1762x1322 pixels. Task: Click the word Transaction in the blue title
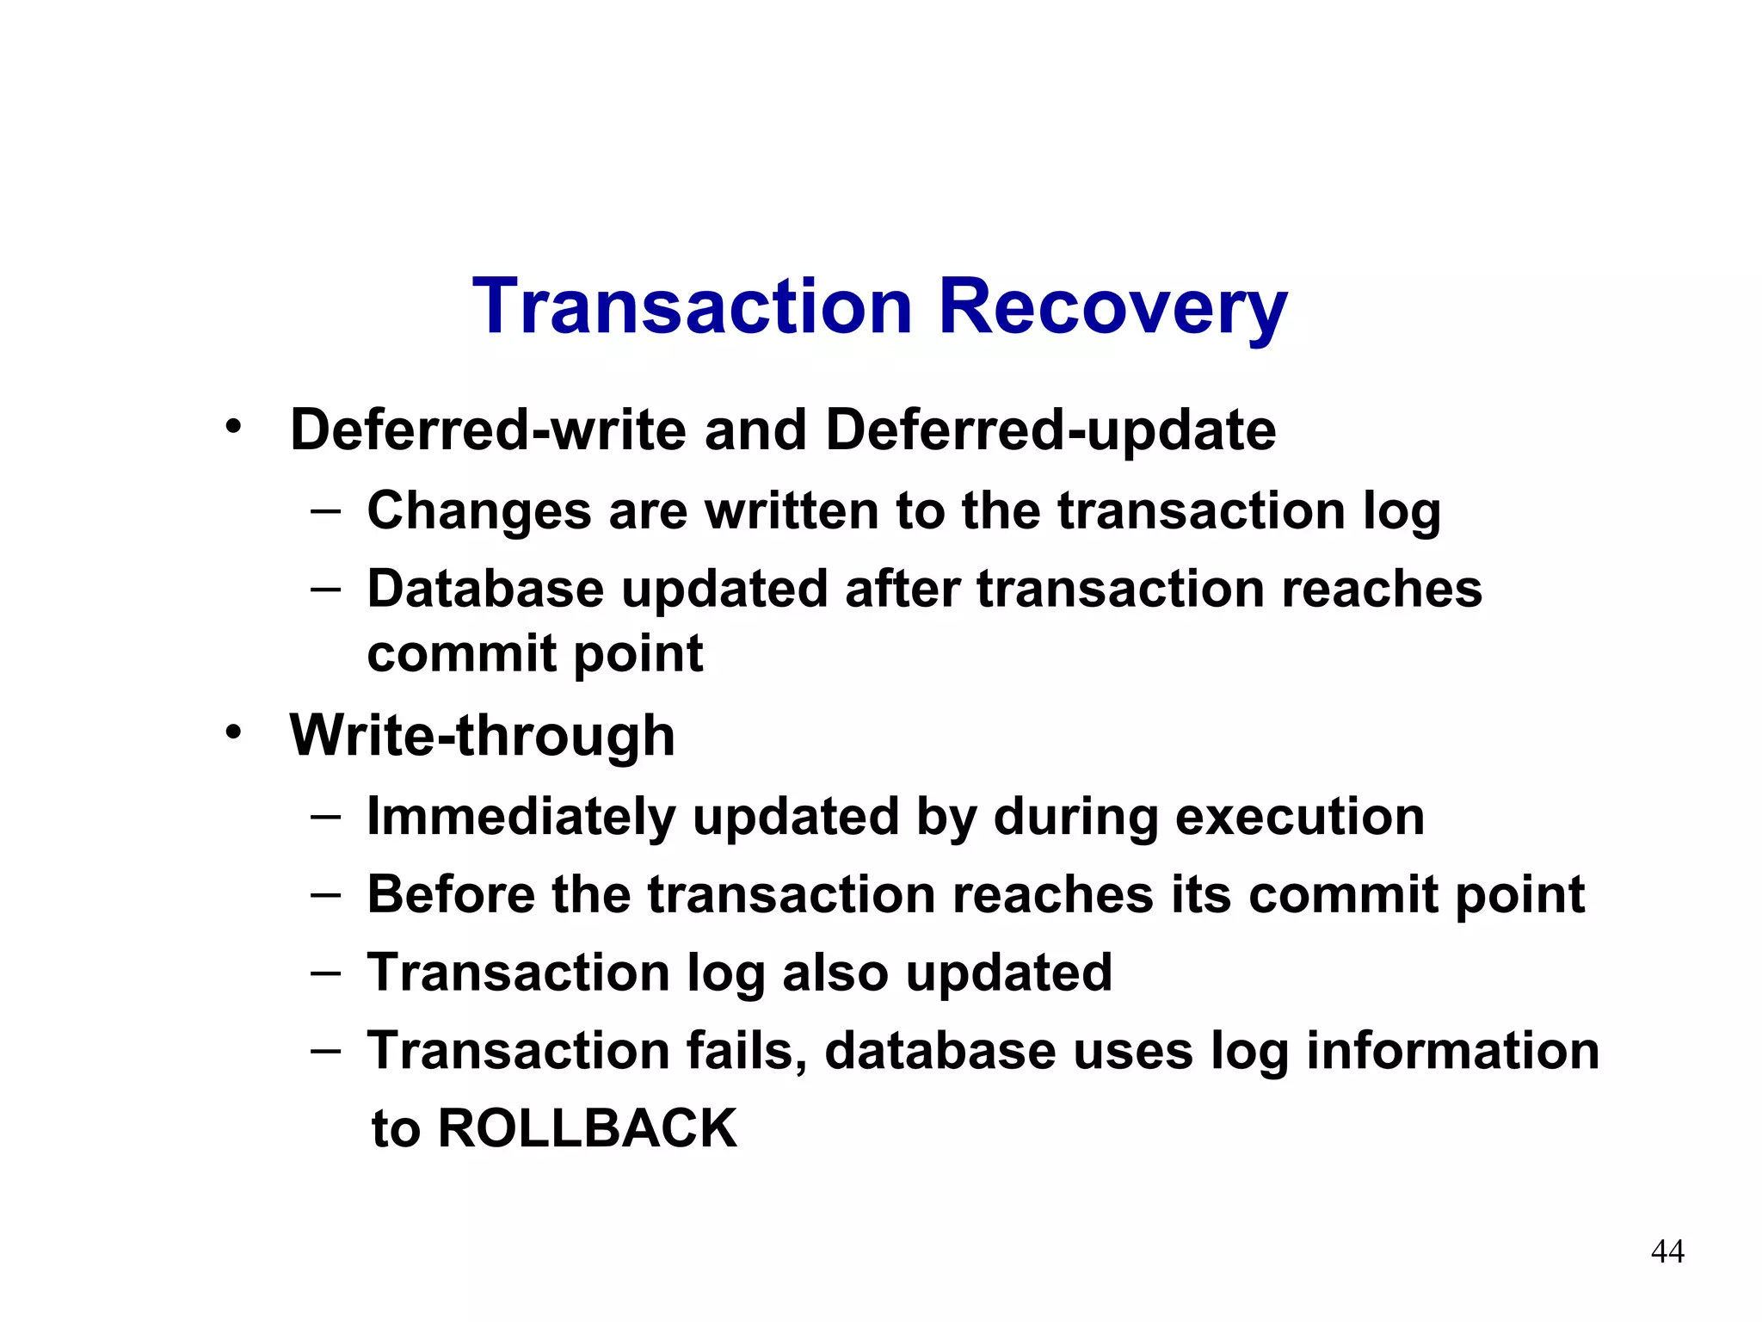[693, 307]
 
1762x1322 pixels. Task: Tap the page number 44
[1667, 1251]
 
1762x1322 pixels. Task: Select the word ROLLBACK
[588, 1128]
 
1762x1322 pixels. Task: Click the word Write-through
[482, 737]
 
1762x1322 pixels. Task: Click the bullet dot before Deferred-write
[233, 426]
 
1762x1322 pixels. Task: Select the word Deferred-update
[1050, 430]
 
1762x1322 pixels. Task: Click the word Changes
[479, 511]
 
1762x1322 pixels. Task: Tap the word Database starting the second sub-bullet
[485, 590]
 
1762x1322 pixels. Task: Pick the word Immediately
[521, 817]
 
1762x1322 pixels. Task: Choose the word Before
[451, 894]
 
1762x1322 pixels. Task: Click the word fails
[747, 1051]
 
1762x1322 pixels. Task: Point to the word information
[1452, 1051]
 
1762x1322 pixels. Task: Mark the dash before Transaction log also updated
[326, 973]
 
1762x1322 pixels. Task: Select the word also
[835, 973]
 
